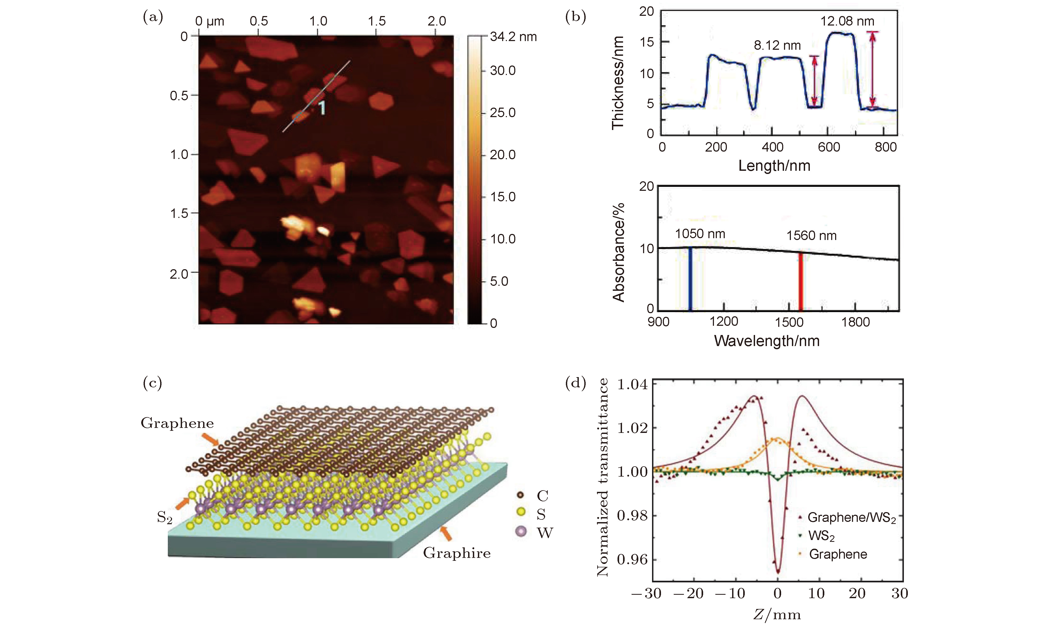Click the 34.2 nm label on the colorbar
(513, 37)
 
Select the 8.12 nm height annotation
(777, 46)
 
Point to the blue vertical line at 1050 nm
(690, 279)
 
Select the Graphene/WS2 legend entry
(851, 518)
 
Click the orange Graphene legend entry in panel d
(837, 554)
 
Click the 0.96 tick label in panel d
(631, 560)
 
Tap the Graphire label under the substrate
(457, 553)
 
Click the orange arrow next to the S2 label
(183, 503)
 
